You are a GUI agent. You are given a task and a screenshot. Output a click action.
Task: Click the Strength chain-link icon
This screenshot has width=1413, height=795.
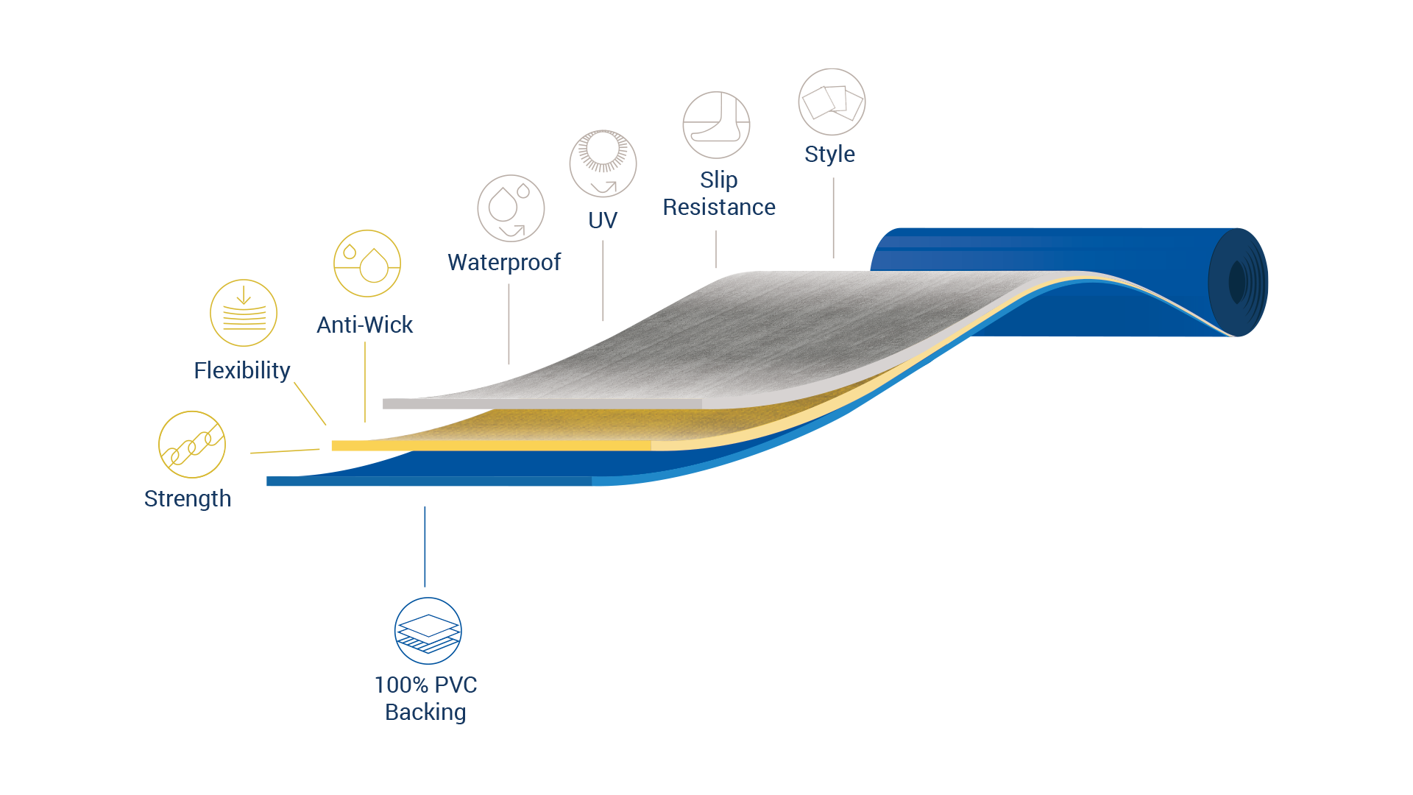tap(192, 445)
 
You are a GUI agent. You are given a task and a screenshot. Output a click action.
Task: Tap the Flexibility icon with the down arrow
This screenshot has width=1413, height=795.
tap(244, 313)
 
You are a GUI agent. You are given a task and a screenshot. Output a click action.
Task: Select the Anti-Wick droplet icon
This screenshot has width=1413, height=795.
tap(367, 264)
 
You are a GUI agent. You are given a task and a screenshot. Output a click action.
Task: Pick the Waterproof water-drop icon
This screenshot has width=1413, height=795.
tap(511, 208)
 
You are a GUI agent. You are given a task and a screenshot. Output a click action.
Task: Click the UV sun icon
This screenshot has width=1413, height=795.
tap(603, 163)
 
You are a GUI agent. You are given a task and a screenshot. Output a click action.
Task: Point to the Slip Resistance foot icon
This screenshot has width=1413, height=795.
tap(716, 125)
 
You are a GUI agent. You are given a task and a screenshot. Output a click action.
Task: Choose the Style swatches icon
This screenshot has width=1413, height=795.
tap(832, 102)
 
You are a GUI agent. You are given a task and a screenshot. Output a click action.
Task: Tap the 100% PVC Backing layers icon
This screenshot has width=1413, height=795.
tap(428, 631)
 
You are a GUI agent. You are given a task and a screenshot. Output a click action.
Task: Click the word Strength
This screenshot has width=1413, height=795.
tap(188, 499)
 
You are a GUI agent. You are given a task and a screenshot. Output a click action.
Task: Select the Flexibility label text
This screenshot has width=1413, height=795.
tap(242, 370)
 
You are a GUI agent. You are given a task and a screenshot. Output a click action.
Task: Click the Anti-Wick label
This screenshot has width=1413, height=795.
tap(365, 325)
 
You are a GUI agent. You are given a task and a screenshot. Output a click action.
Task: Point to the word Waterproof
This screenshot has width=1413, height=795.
tap(504, 262)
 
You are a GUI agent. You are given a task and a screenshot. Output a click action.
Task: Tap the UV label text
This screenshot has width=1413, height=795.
tap(603, 220)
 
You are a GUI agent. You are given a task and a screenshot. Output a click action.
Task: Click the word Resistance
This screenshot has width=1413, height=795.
tap(719, 208)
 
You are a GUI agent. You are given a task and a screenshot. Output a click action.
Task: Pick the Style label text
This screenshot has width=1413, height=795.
tap(829, 155)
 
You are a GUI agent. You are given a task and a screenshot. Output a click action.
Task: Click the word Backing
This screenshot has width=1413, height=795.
tap(425, 712)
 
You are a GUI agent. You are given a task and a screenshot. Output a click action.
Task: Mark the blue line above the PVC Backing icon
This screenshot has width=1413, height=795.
tap(425, 546)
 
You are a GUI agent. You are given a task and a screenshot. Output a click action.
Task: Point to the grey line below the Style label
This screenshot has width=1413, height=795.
tap(833, 218)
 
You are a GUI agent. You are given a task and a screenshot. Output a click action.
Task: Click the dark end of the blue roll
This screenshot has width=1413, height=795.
tap(1239, 282)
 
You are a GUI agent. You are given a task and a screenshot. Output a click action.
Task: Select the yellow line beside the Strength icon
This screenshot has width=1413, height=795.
tap(285, 451)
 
